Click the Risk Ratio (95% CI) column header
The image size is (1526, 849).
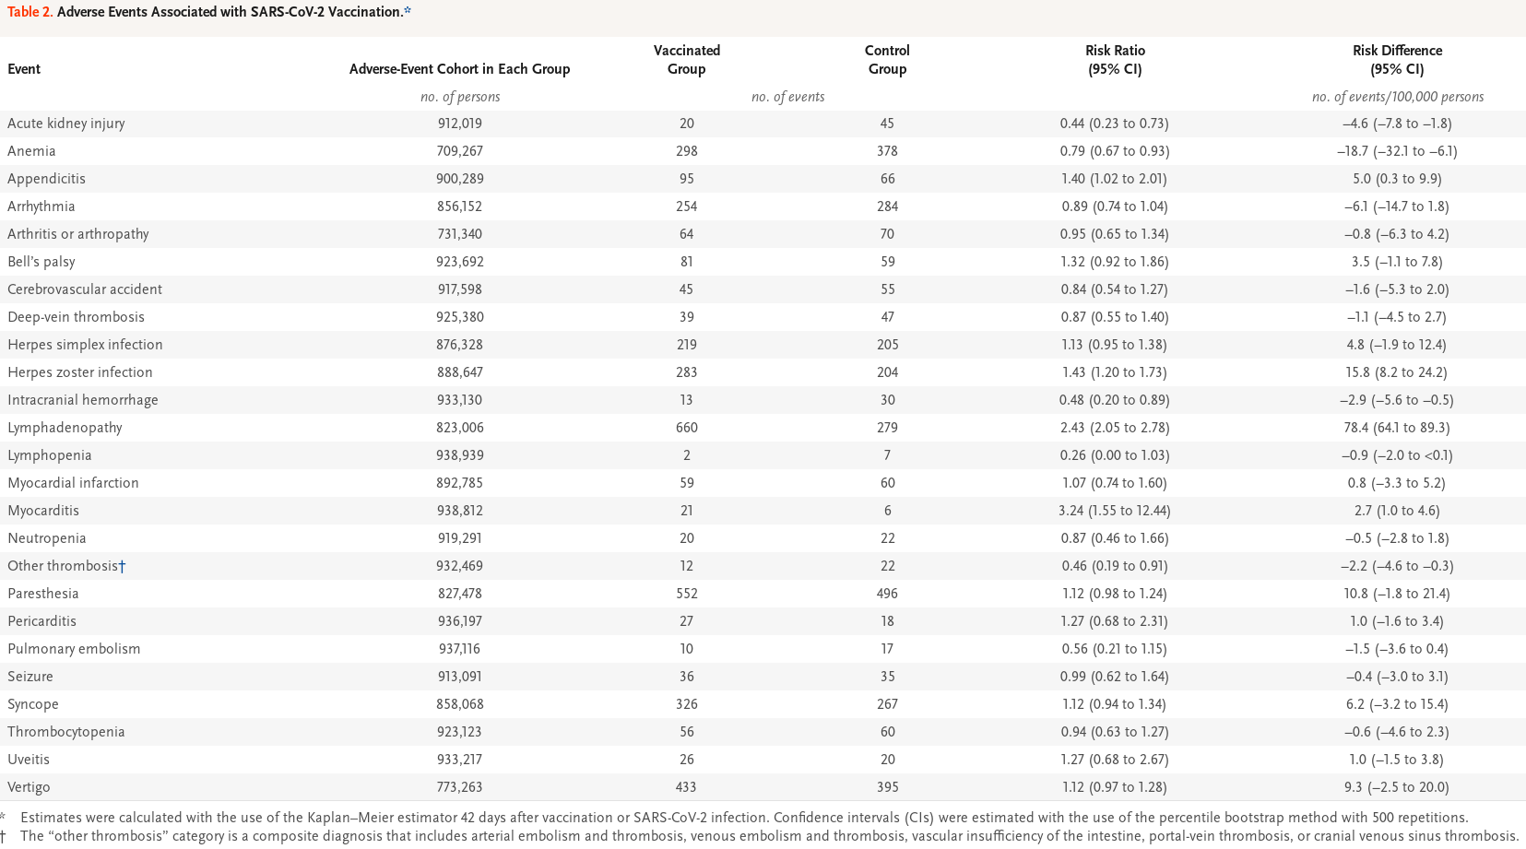pos(1115,60)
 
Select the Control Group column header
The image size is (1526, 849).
pos(887,60)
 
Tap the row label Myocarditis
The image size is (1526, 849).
pos(43,511)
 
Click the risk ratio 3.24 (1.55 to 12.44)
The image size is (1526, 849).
pos(1115,511)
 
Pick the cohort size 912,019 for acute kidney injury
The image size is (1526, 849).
pos(460,124)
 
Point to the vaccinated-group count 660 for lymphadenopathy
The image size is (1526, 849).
pos(686,428)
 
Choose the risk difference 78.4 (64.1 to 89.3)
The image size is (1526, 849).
pos(1397,428)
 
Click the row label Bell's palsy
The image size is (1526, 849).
pos(41,262)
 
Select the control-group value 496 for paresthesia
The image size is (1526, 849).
pos(887,594)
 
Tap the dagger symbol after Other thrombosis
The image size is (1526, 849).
pos(122,566)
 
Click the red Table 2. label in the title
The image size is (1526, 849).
pos(30,12)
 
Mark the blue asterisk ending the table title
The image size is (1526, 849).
pos(408,10)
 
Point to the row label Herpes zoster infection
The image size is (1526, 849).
pos(79,372)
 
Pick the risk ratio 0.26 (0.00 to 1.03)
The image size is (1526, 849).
pos(1115,455)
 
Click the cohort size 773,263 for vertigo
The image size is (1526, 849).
pos(460,787)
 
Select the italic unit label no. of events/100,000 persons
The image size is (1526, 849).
pos(1397,97)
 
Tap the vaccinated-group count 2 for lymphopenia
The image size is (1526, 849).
pos(686,455)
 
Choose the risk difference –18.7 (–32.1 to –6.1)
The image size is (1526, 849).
pos(1397,151)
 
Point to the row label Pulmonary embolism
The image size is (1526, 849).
pos(74,649)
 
